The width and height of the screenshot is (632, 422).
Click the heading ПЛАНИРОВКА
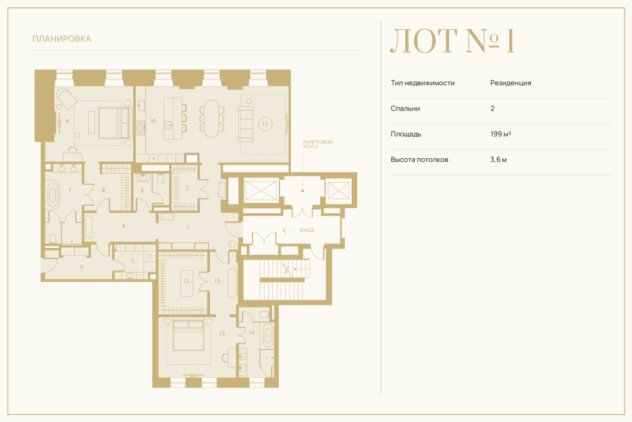(62, 39)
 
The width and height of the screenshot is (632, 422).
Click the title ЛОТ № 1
(452, 41)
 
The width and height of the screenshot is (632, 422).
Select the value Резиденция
(510, 83)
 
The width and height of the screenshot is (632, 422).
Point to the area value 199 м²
(501, 133)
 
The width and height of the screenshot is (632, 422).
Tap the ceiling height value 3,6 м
(498, 159)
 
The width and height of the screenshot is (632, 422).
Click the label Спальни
(405, 108)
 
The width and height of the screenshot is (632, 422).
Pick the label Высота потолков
(419, 159)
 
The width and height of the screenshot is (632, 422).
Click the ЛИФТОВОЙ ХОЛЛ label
(318, 144)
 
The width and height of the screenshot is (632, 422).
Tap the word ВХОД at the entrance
(307, 230)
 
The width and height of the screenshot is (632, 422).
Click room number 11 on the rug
(265, 124)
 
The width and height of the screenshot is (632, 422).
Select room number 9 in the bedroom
(68, 121)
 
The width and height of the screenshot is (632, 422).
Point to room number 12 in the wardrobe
(186, 281)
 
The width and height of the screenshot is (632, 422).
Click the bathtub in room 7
(52, 195)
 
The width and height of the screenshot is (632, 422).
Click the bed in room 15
(188, 334)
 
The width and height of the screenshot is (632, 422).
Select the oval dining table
(211, 119)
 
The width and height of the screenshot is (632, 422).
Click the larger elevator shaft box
(260, 190)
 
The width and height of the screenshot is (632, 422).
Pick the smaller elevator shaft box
(338, 190)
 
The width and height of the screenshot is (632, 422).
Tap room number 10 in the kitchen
(154, 120)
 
